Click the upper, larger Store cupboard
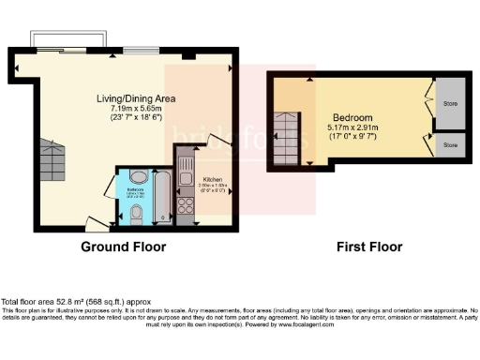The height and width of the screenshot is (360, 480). (448, 104)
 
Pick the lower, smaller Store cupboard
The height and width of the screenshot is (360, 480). (448, 146)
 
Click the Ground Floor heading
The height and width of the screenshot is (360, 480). (124, 247)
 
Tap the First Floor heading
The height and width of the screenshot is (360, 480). (369, 247)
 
